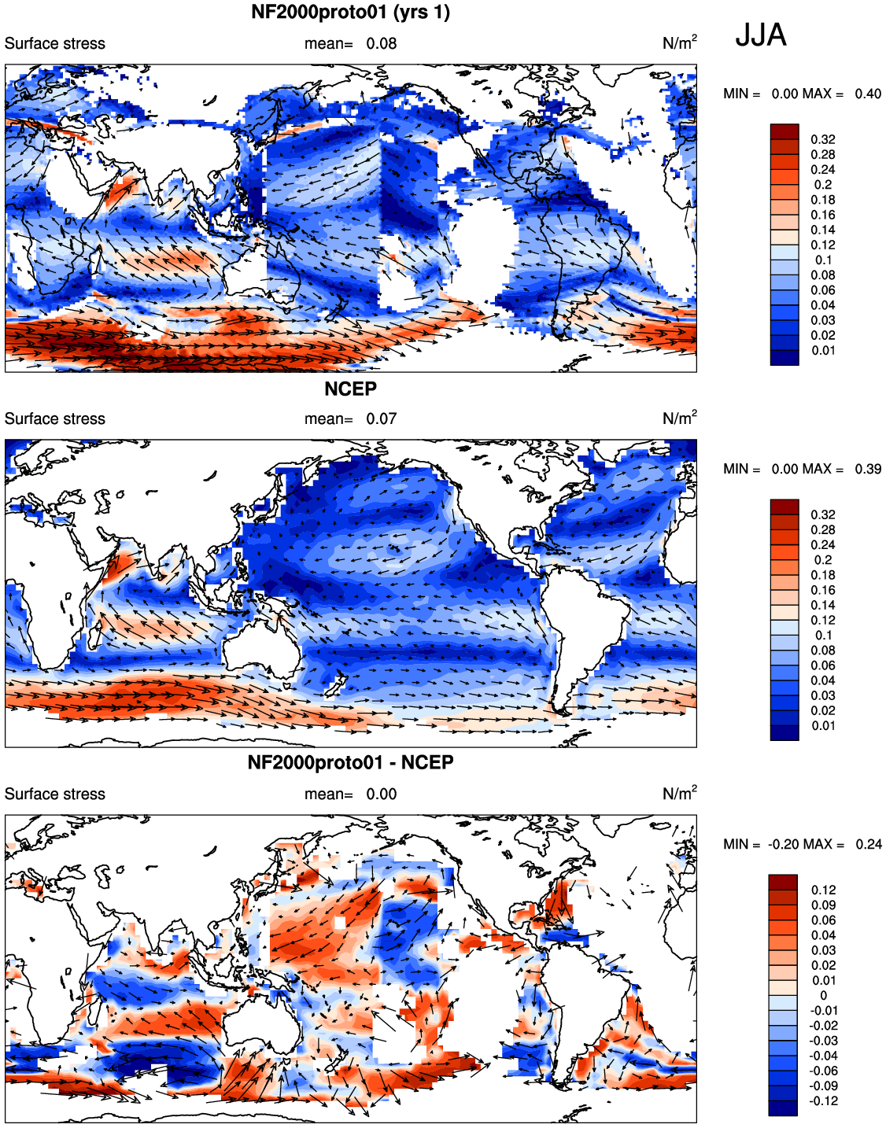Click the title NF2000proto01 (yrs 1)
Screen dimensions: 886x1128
[350, 12]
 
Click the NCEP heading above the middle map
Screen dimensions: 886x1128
[350, 389]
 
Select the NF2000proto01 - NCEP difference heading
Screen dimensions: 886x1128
[350, 762]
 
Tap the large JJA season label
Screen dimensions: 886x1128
[760, 36]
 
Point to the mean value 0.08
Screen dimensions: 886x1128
[381, 43]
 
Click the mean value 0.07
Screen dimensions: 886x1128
[381, 418]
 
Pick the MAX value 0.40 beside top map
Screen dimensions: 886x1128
[868, 94]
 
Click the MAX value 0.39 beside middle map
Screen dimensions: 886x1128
[868, 469]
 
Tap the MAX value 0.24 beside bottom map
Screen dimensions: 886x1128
[868, 844]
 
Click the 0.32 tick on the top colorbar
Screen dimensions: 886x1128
[823, 139]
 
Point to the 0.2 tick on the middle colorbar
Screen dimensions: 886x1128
[823, 559]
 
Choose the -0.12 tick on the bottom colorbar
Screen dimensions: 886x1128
[823, 1101]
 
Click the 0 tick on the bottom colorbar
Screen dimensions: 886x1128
[823, 996]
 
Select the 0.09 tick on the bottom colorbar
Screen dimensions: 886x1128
[823, 905]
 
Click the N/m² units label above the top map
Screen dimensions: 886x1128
[679, 42]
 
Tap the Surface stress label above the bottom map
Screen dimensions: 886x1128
[55, 794]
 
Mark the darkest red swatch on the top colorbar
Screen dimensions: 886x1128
[784, 131]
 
